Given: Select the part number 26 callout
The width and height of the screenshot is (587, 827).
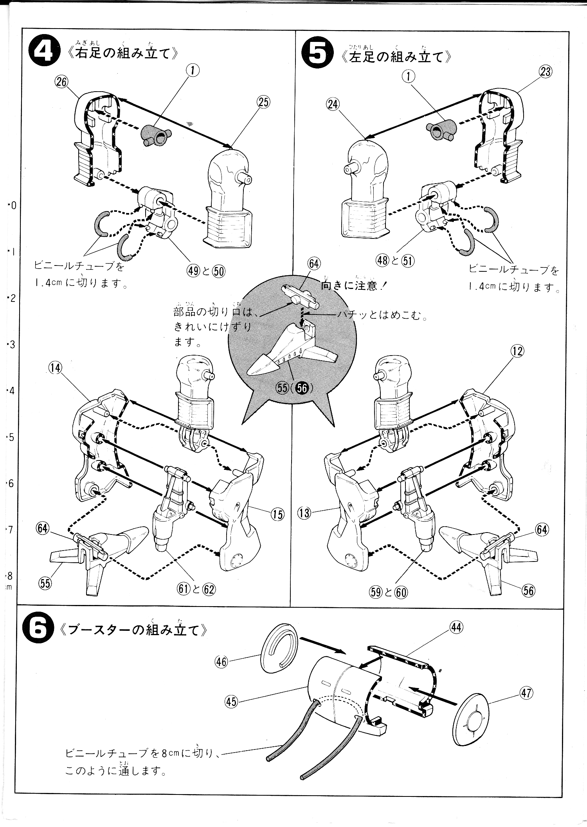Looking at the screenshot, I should click(x=62, y=82).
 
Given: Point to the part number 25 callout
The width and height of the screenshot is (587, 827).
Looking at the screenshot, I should click(x=264, y=102).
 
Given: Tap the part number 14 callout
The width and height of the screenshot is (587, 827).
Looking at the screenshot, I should click(x=56, y=367).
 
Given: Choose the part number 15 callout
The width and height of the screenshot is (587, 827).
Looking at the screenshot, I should click(x=277, y=514).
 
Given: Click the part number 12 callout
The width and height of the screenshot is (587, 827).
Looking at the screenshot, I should click(x=517, y=351).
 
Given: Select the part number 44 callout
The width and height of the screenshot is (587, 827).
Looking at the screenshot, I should click(x=456, y=627).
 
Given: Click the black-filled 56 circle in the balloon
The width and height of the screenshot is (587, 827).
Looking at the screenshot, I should click(x=303, y=388).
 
